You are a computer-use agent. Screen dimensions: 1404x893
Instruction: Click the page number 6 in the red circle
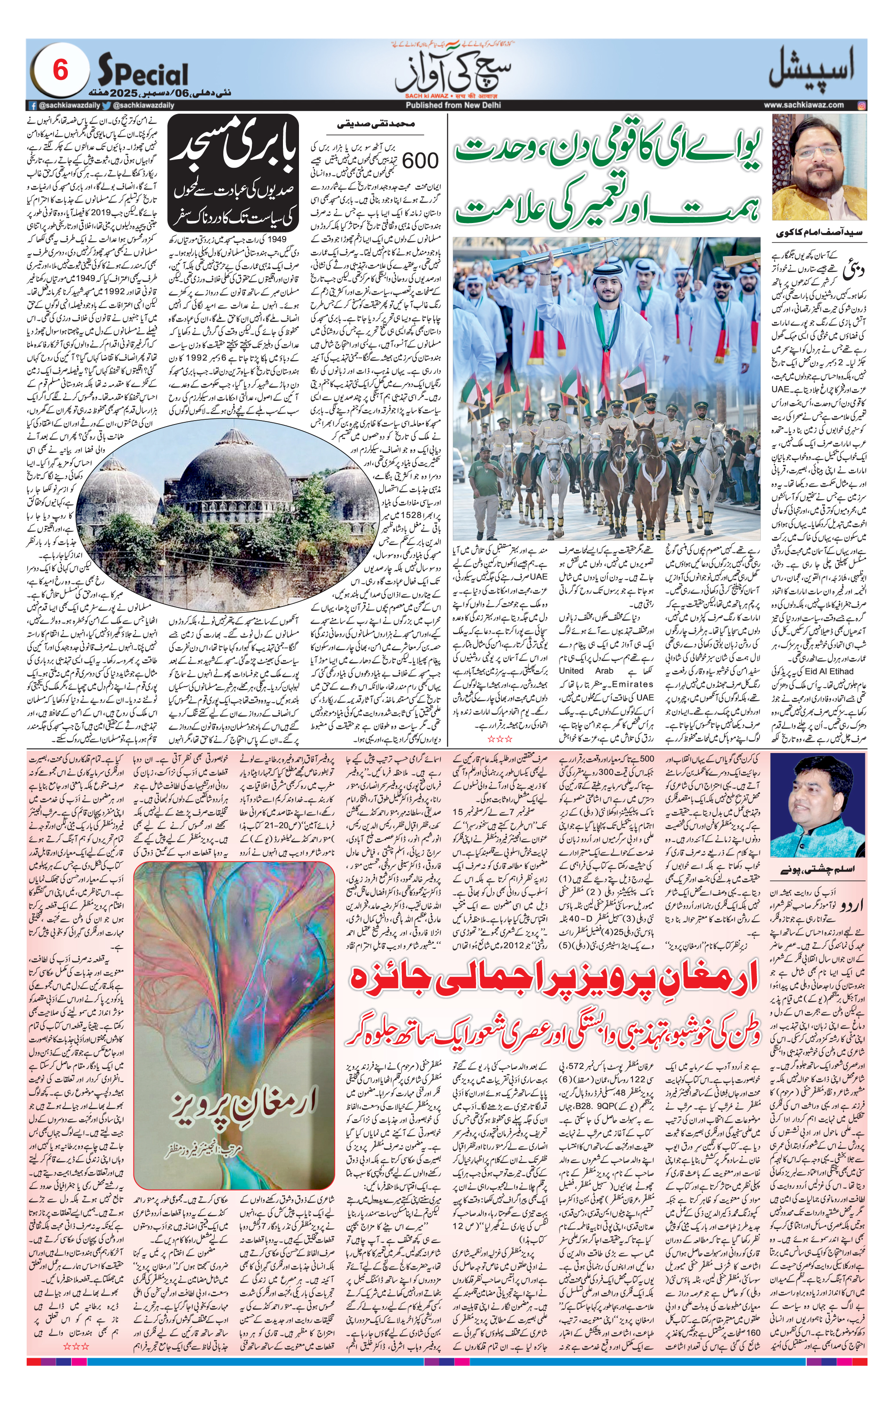click(60, 71)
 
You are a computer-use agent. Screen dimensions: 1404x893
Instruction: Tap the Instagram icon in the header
click(861, 105)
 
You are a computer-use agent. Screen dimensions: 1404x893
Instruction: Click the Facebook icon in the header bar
click(34, 105)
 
